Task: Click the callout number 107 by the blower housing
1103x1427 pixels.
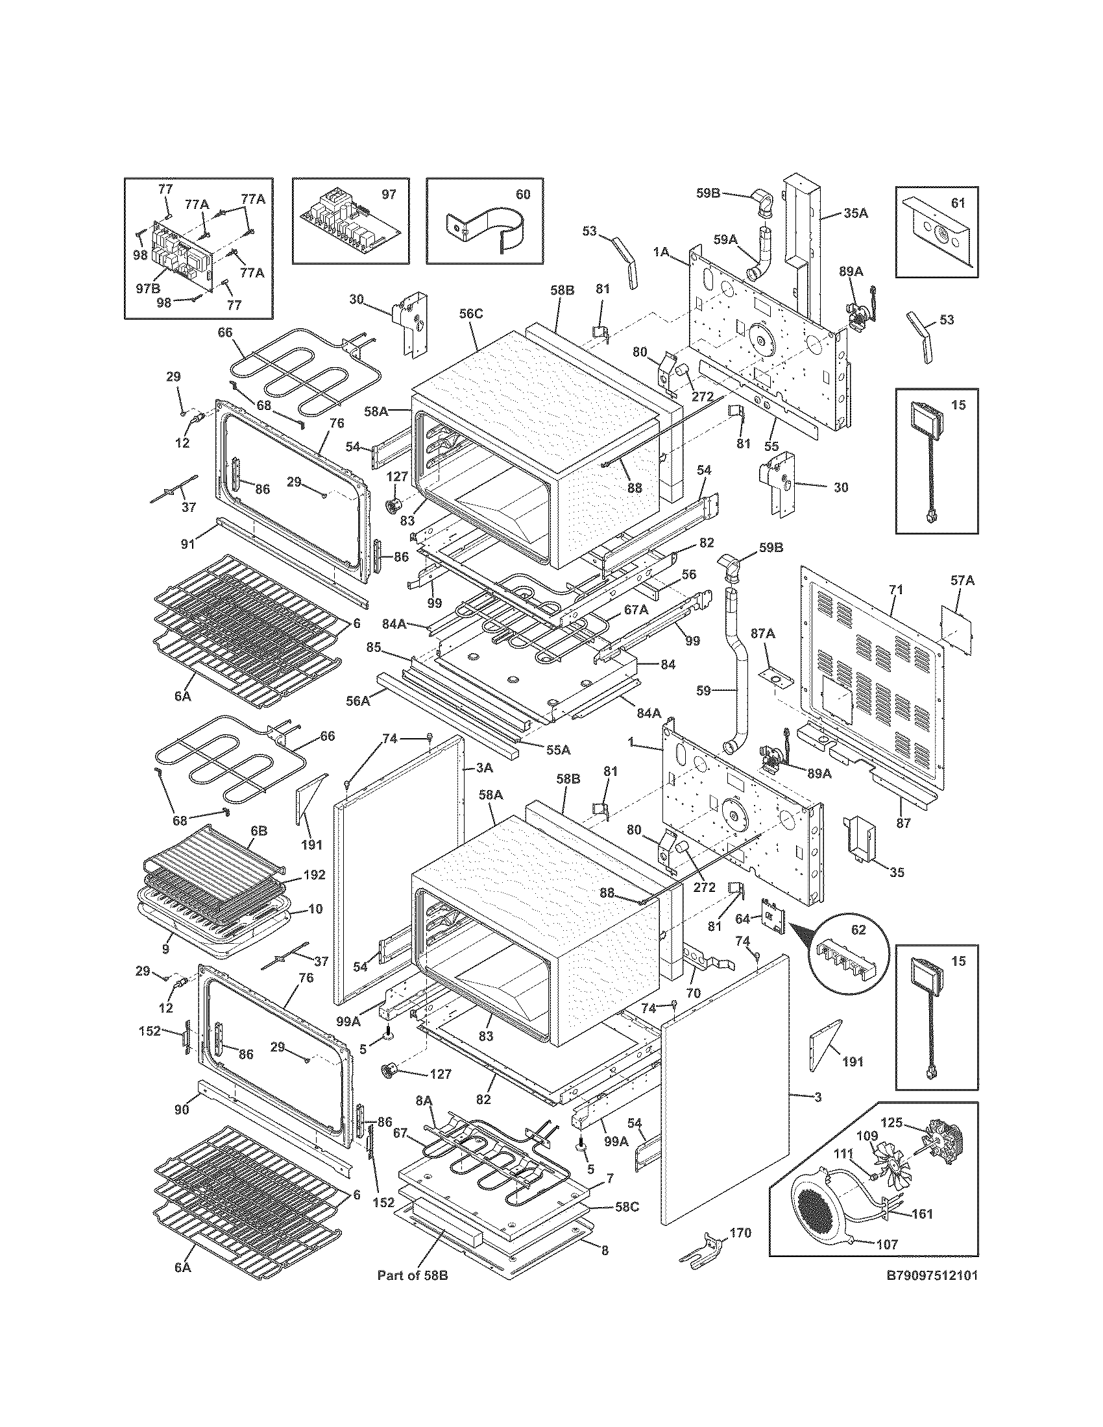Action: [x=887, y=1244]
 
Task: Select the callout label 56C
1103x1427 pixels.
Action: [x=470, y=314]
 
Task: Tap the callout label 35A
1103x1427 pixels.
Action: [x=855, y=213]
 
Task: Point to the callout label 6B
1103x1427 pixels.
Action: [x=259, y=832]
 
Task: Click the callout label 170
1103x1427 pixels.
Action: [x=741, y=1232]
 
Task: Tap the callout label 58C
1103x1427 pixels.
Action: [x=626, y=1206]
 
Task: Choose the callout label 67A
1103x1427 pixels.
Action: [x=636, y=609]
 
